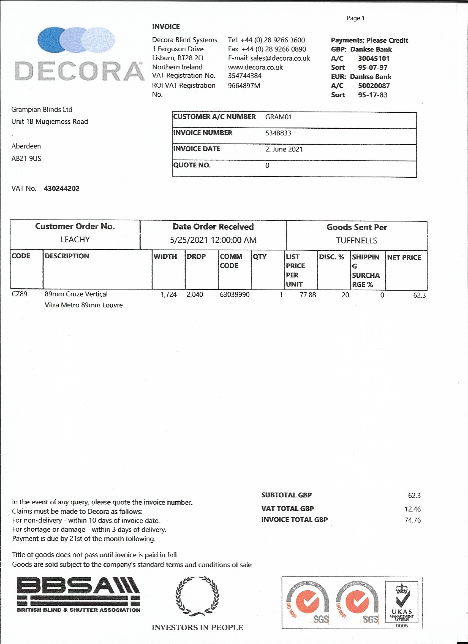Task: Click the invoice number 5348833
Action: [x=278, y=133]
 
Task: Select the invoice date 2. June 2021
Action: [x=284, y=149]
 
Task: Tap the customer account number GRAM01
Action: [x=278, y=117]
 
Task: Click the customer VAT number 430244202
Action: [x=62, y=188]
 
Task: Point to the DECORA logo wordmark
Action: [x=79, y=71]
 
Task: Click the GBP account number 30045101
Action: [x=374, y=58]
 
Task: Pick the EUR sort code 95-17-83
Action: [x=373, y=95]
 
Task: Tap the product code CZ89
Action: [x=19, y=294]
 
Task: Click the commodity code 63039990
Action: [x=235, y=295]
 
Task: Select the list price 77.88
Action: [x=308, y=295]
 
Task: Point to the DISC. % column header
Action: [x=331, y=257]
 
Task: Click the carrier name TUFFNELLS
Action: [x=357, y=241]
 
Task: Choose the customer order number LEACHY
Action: [x=75, y=240]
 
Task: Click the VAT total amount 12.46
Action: [x=412, y=509]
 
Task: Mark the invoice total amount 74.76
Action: [x=412, y=520]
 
